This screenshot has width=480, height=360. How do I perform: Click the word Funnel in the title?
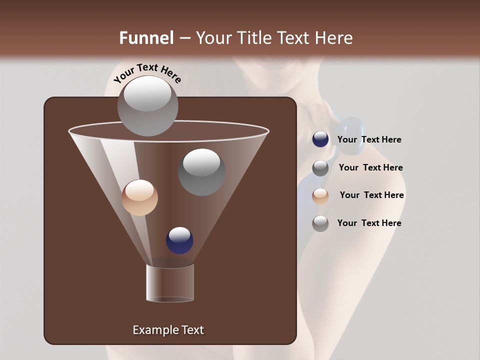tap(146, 38)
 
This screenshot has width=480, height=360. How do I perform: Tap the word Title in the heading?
tap(252, 38)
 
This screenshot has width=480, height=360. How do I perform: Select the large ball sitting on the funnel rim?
tap(147, 106)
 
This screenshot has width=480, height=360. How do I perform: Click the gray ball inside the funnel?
tap(202, 172)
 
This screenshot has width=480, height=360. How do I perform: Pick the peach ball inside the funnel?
tap(139, 197)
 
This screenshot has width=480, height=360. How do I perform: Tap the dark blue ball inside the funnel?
tap(179, 240)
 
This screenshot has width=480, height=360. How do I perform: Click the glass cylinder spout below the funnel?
tap(170, 283)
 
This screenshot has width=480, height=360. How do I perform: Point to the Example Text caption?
tap(168, 330)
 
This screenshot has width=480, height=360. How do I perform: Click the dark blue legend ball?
tap(320, 139)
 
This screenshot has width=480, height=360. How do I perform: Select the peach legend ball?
tap(320, 195)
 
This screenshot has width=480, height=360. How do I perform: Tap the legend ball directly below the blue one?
tap(320, 167)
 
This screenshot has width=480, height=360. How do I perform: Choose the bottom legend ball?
tap(320, 223)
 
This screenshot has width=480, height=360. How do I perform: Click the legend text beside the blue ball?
tap(369, 140)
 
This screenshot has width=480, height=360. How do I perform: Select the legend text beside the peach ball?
tap(371, 195)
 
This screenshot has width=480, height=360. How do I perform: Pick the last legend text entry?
tap(369, 223)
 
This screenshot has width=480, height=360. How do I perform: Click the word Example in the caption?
tap(151, 330)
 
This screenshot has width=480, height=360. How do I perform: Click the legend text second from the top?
tap(370, 167)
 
